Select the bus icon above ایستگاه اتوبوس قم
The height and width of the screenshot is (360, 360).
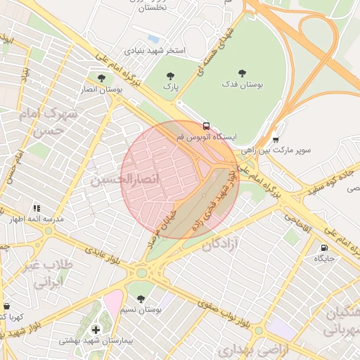pyautogui.click(x=205, y=126)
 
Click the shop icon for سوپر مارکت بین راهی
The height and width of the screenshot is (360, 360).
pyautogui.click(x=275, y=139)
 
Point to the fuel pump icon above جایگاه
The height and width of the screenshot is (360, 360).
pyautogui.click(x=323, y=247)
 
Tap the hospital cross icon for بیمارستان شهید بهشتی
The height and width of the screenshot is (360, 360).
pyautogui.click(x=96, y=329)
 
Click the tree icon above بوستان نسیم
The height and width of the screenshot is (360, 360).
pyautogui.click(x=141, y=298)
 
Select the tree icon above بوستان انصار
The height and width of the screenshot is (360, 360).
pyautogui.click(x=103, y=78)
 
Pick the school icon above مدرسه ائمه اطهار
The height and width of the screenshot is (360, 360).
pyautogui.click(x=37, y=208)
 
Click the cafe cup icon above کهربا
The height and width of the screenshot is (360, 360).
pyautogui.click(x=7, y=307)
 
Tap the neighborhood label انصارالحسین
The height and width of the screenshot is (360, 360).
pyautogui.click(x=124, y=181)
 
